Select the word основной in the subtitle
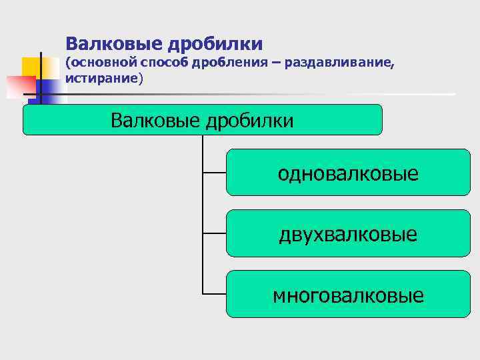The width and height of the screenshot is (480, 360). pyautogui.click(x=104, y=63)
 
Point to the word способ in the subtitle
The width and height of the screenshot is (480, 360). pyautogui.click(x=166, y=63)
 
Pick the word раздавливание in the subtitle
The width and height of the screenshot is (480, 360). pyautogui.click(x=338, y=63)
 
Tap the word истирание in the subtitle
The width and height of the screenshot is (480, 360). pyautogui.click(x=101, y=78)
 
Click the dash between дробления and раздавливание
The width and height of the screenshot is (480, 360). pyautogui.click(x=276, y=64)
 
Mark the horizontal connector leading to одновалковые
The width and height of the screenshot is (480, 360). pyautogui.click(x=214, y=173)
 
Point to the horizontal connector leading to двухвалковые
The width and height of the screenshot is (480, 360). pyautogui.click(x=214, y=233)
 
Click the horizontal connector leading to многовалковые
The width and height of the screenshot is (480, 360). pyautogui.click(x=214, y=294)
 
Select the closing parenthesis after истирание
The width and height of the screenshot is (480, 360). pyautogui.click(x=141, y=79)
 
